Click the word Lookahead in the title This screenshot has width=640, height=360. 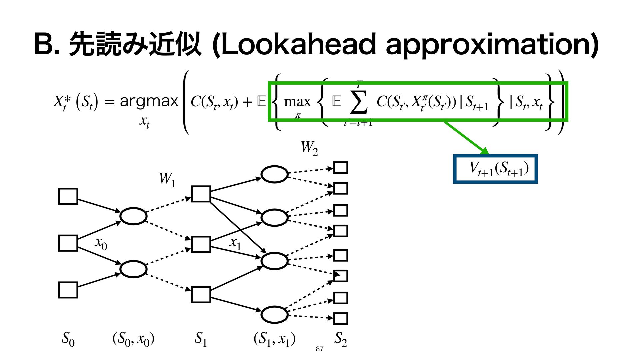(297, 45)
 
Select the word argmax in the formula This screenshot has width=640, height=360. (149, 101)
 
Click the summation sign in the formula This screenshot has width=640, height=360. (359, 101)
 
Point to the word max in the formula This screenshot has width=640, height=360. (297, 101)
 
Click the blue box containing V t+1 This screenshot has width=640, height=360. (495, 169)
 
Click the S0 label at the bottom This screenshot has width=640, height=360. (68, 339)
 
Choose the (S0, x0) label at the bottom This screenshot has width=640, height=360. (133, 339)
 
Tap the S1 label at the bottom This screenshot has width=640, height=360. (201, 339)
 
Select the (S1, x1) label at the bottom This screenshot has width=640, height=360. (274, 339)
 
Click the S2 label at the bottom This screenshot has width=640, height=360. (341, 339)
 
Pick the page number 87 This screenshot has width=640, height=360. (319, 349)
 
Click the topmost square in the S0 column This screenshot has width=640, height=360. (68, 196)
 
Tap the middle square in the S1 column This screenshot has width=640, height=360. (201, 244)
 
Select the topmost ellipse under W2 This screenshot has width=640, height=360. (274, 174)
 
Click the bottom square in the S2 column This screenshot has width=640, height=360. (341, 319)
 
